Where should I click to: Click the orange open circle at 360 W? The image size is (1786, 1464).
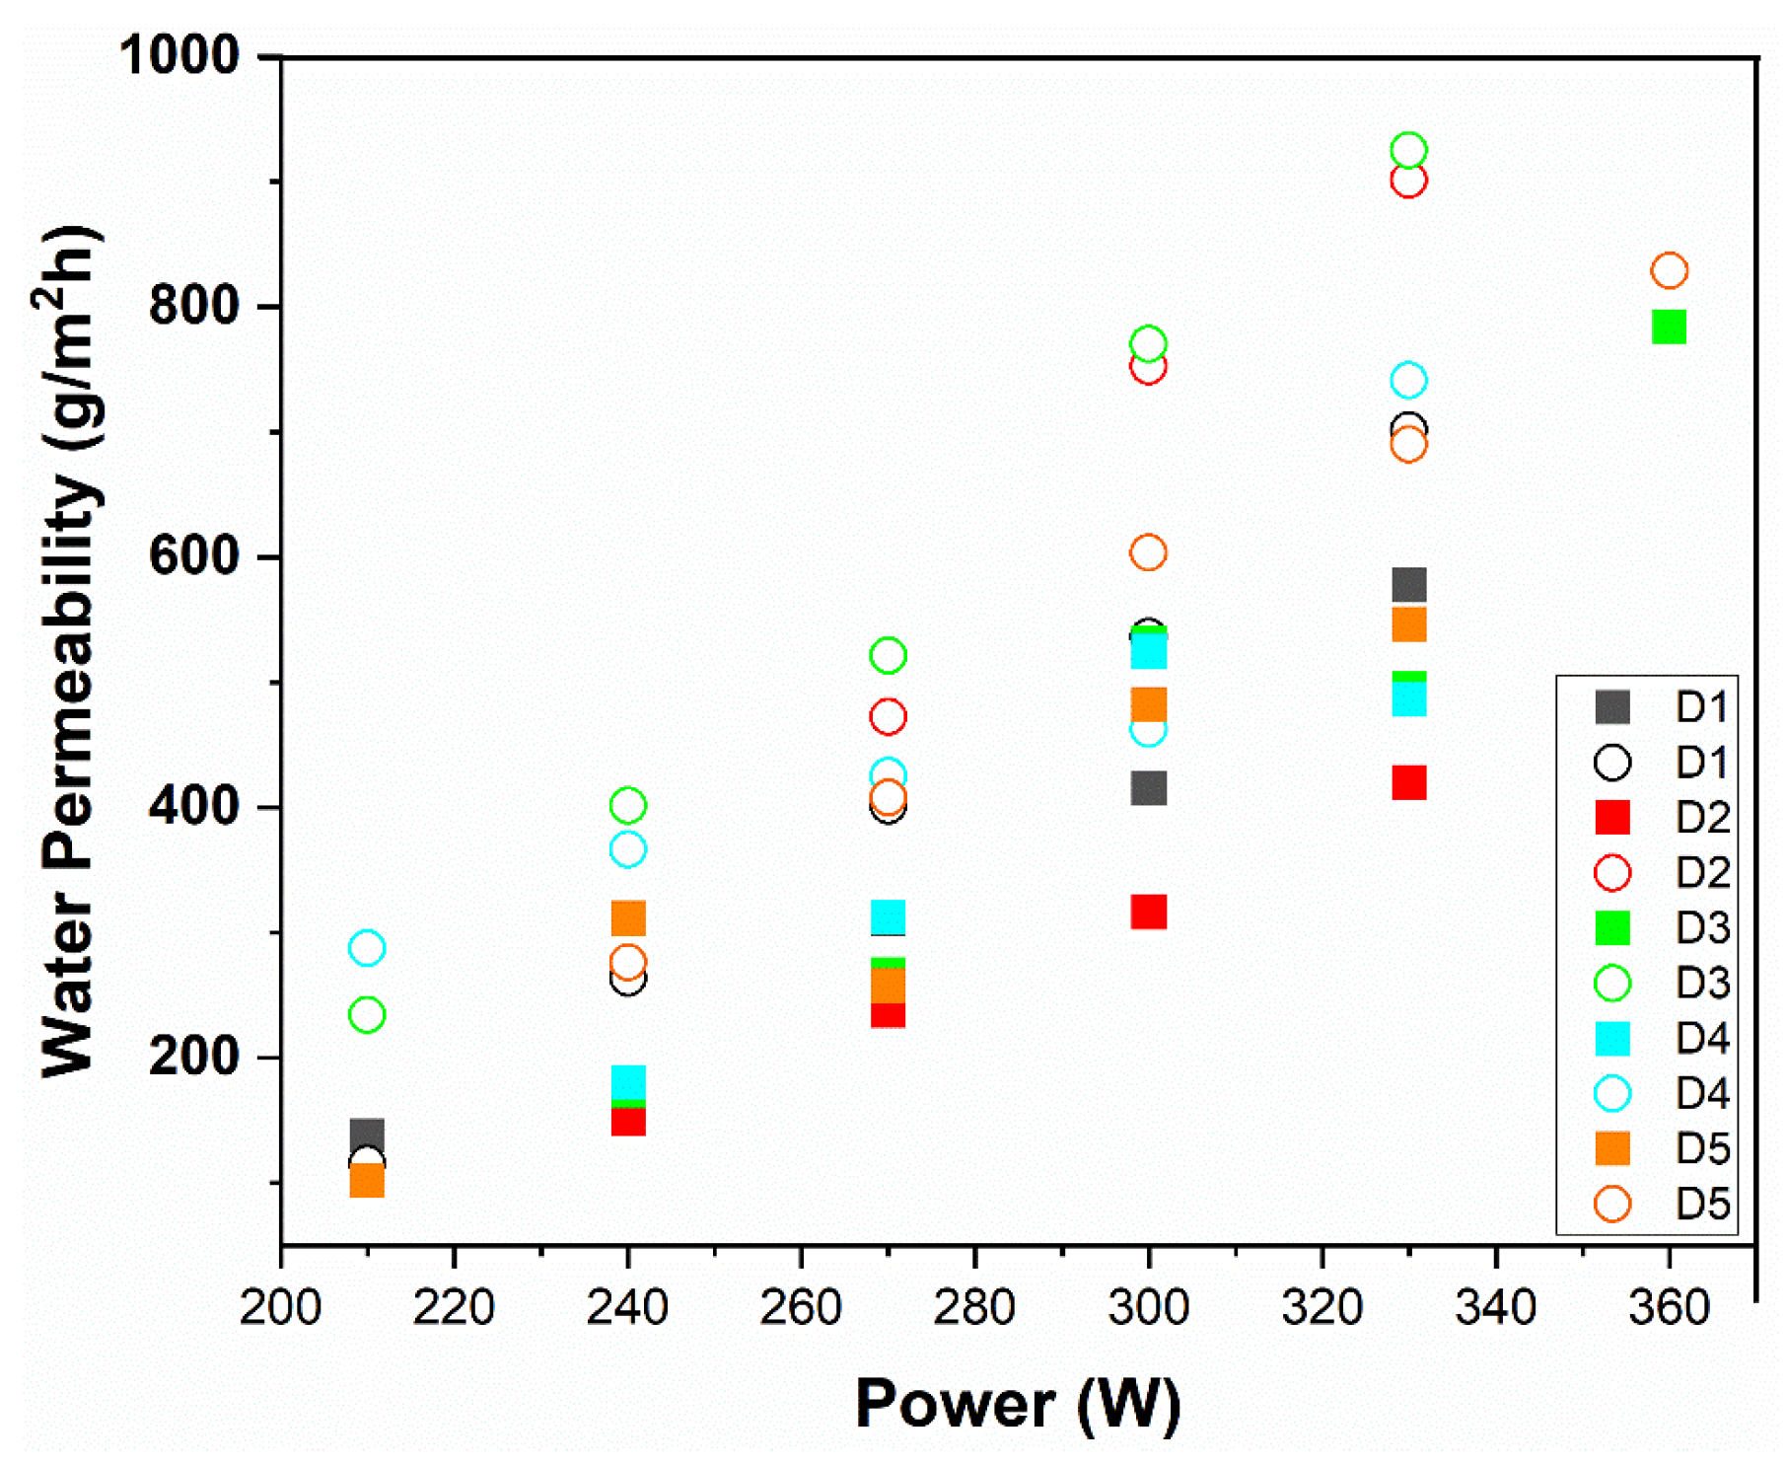(x=1669, y=270)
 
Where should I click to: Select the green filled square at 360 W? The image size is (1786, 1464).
(x=1669, y=327)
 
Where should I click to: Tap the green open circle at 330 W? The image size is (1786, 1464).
(x=1408, y=151)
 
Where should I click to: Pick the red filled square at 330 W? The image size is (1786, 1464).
(x=1408, y=782)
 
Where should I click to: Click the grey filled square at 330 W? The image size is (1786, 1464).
(x=1408, y=584)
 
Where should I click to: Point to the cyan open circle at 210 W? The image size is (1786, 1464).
(x=367, y=948)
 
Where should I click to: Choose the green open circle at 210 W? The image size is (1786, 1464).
(x=367, y=1014)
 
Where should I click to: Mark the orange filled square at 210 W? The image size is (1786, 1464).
(x=367, y=1180)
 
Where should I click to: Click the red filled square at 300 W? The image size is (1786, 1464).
(x=1148, y=912)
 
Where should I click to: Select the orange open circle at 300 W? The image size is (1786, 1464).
(x=1148, y=552)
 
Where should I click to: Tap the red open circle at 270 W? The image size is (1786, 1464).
(x=888, y=717)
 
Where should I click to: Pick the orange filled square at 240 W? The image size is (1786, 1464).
(x=628, y=918)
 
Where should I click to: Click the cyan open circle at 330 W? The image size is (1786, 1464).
(x=1408, y=380)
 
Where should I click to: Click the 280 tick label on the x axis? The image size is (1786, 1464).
(x=974, y=1308)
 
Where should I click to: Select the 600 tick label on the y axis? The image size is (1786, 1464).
(x=194, y=556)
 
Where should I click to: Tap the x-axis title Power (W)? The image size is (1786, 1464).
(x=1017, y=1403)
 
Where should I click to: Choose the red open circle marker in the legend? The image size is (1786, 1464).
(x=1612, y=872)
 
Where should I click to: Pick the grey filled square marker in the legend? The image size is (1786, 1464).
(x=1612, y=706)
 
